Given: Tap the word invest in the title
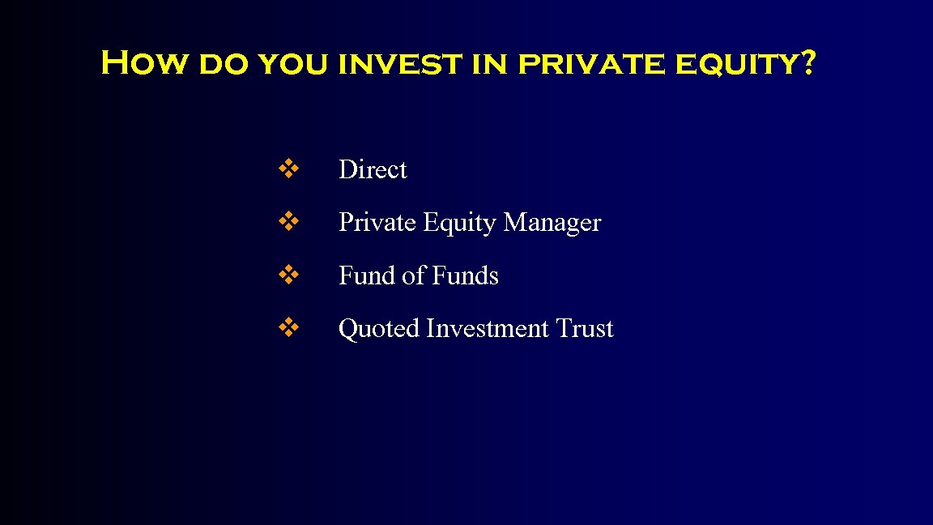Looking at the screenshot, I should click(x=397, y=64).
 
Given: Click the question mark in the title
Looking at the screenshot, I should click(x=806, y=62).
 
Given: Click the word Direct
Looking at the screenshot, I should click(x=373, y=169).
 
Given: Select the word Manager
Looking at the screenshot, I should click(x=552, y=223).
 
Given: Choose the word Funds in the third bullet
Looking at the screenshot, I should click(x=465, y=275).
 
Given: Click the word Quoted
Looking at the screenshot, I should click(x=379, y=329).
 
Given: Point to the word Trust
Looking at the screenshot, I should click(x=585, y=329).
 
